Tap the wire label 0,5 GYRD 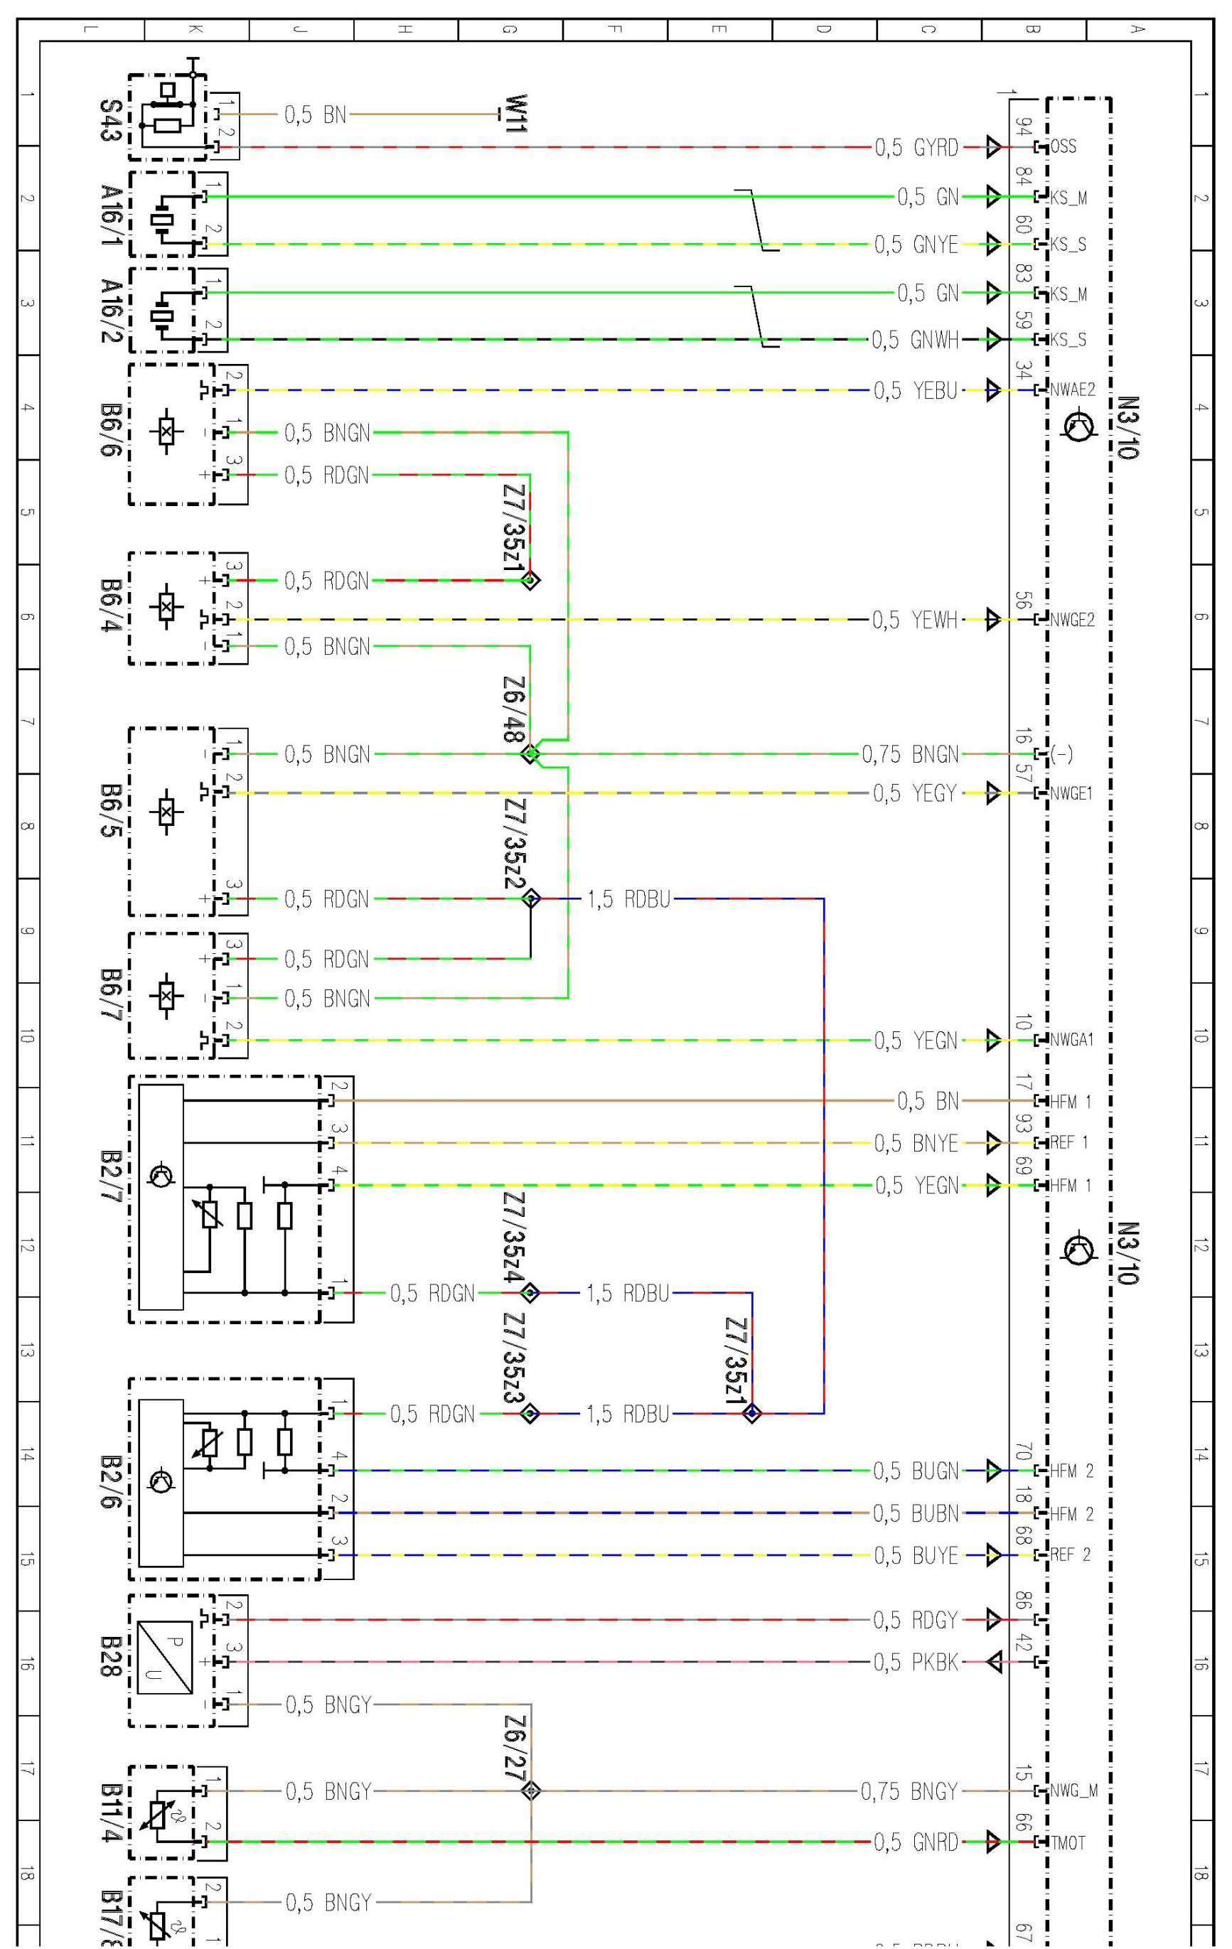pos(916,147)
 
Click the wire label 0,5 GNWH pos(914,340)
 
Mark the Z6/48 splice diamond pos(530,754)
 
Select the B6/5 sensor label pos(111,810)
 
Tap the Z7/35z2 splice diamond pos(531,898)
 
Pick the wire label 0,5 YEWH pos(914,620)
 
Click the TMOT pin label pos(1068,1842)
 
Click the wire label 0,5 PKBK pos(915,1662)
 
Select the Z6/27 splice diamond pos(531,1791)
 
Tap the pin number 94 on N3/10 pos(1024,127)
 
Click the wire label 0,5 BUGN pos(915,1471)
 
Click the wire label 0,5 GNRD pos(915,1842)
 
